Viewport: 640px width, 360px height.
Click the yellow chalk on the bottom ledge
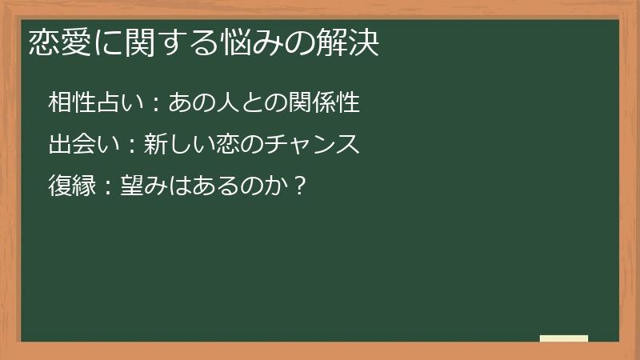(x=563, y=338)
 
